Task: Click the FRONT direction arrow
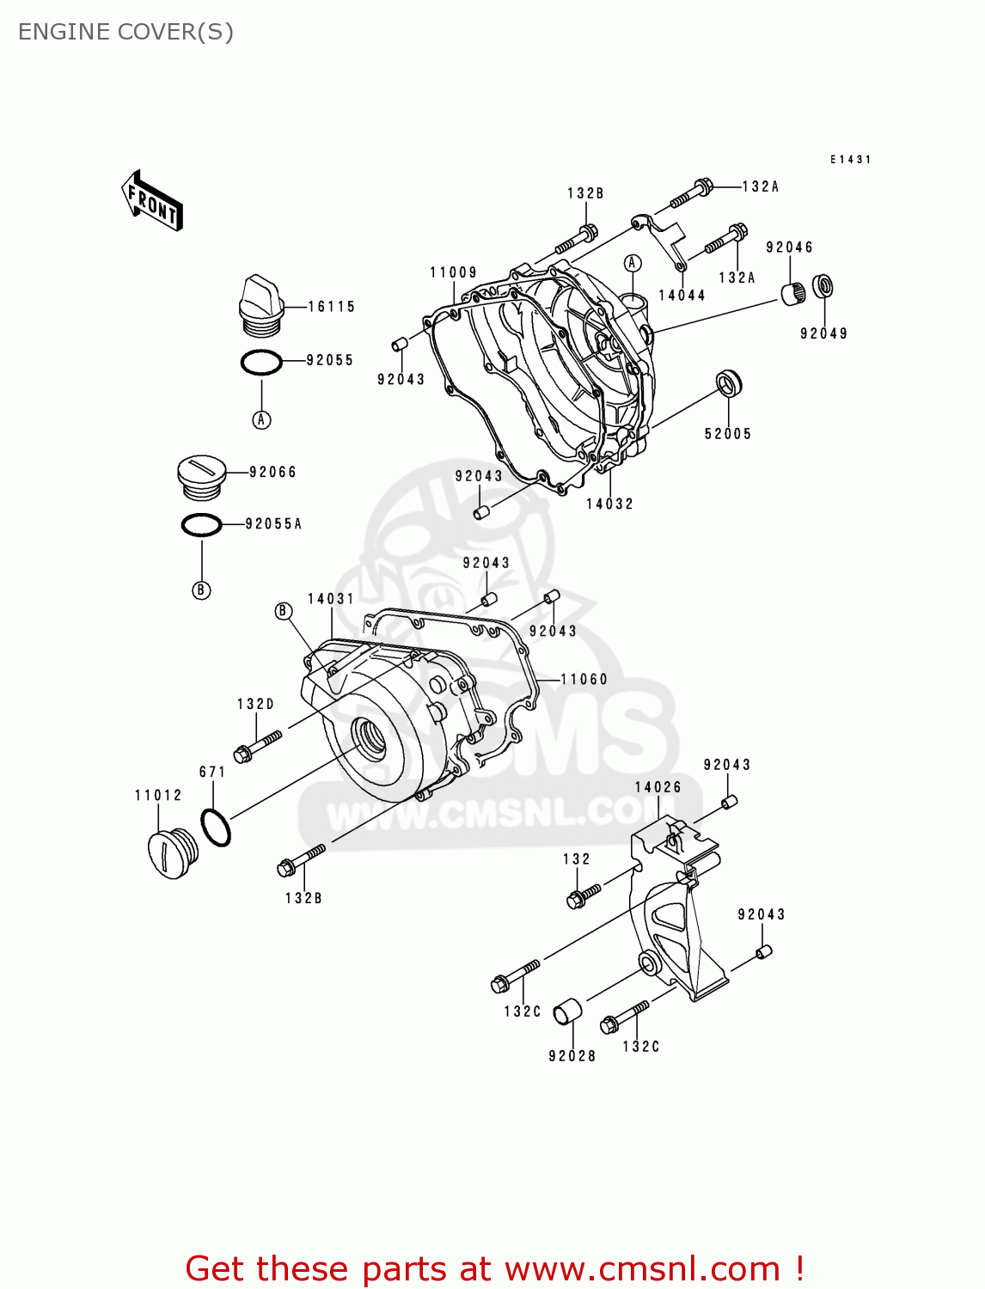click(x=151, y=200)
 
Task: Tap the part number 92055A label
click(x=273, y=523)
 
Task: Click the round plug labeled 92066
click(x=200, y=476)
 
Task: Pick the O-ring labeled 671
click(x=216, y=828)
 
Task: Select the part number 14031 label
click(x=331, y=598)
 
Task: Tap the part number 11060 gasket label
click(x=584, y=679)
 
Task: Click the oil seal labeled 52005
click(x=729, y=382)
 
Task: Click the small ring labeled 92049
click(x=823, y=285)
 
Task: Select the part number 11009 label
click(x=453, y=272)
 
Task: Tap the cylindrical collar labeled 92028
click(x=566, y=1012)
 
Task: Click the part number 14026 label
click(x=658, y=787)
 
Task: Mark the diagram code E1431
click(x=850, y=160)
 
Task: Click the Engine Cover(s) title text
click(x=125, y=32)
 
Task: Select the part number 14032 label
click(x=609, y=504)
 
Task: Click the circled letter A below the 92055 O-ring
click(x=261, y=419)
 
